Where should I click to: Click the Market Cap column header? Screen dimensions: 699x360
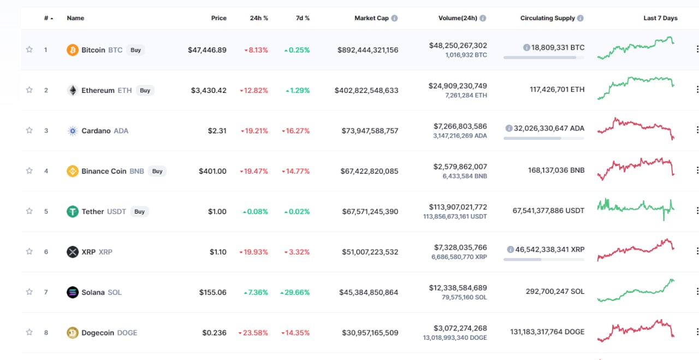[x=371, y=18]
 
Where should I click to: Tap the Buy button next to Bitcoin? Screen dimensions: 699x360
[x=135, y=50]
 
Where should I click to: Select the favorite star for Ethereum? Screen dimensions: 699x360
[x=29, y=90]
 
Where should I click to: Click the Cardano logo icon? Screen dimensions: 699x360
[x=73, y=131]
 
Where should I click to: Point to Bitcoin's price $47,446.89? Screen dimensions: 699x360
[x=207, y=50]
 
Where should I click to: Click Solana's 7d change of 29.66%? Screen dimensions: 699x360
[x=295, y=292]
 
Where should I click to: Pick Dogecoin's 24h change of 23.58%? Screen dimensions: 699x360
[x=253, y=333]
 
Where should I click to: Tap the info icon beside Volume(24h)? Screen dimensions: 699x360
[x=483, y=18]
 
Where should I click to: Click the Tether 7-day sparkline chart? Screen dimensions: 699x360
[x=636, y=210]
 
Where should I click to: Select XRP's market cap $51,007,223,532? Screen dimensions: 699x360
[x=370, y=252]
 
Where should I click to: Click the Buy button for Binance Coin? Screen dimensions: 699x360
[x=157, y=171]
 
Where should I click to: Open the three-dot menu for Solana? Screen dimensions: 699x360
[x=697, y=291]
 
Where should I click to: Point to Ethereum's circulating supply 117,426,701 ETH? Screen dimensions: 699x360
[x=557, y=90]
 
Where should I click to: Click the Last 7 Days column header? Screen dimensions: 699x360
[x=660, y=18]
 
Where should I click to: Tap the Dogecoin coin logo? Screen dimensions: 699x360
[x=73, y=333]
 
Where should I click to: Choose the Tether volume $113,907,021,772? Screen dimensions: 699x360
[x=458, y=207]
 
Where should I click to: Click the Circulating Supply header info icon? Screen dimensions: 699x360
[x=580, y=18]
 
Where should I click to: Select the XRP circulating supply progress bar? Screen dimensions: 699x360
[x=544, y=259]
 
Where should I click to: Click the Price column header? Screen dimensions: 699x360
[x=219, y=18]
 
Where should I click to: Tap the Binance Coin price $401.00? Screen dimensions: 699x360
[x=212, y=171]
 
